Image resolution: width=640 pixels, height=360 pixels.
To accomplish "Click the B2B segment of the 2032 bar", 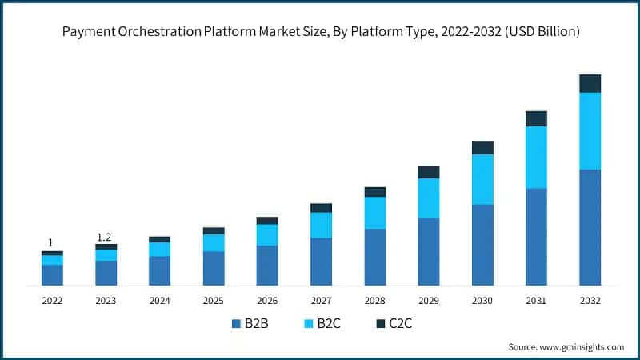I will [x=590, y=227].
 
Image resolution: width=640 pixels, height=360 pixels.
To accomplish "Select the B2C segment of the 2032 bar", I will [x=590, y=131].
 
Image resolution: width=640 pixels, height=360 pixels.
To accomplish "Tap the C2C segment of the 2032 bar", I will [x=590, y=83].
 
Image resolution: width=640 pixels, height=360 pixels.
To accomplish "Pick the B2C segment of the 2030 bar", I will [x=482, y=179].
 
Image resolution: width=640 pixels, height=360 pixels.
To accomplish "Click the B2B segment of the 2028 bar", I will [x=374, y=257].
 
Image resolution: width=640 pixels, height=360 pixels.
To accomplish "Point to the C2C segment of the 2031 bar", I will [x=536, y=118].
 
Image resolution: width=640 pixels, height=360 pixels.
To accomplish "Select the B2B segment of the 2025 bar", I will [x=214, y=268].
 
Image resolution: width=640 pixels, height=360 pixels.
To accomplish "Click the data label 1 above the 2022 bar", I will [x=50, y=242].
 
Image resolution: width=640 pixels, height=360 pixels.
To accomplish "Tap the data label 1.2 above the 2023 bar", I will [x=104, y=237].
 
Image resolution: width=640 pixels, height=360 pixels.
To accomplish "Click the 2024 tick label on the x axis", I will [x=159, y=301].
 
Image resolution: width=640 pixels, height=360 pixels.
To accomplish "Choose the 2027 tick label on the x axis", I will [x=321, y=301].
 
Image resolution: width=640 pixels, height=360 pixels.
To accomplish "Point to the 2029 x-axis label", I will [x=429, y=301].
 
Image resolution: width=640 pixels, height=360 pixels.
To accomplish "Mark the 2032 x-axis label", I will [x=590, y=301].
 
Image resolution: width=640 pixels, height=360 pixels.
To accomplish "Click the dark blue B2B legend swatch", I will [x=236, y=324].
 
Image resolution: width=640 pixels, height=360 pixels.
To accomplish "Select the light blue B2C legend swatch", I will [x=307, y=324].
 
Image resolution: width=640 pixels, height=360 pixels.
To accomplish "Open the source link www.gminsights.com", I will [x=583, y=346].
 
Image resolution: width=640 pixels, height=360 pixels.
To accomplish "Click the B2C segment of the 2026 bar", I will [x=267, y=234].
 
